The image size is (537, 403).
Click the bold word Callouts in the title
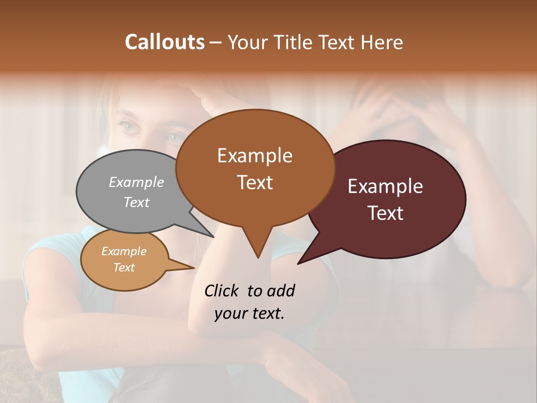[164, 43]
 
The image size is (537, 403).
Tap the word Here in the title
[383, 43]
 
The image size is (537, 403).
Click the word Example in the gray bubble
[136, 182]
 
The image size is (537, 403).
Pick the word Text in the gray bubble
[136, 202]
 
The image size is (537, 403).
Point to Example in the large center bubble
[255, 156]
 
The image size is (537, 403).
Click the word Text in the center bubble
[255, 182]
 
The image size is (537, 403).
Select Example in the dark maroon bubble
[385, 186]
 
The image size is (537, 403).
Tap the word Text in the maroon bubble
[385, 213]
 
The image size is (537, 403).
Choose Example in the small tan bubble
[124, 251]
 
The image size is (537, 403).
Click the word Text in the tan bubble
[124, 268]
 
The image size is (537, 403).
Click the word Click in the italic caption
[222, 290]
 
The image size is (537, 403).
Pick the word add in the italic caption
[280, 290]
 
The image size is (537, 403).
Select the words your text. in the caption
[249, 313]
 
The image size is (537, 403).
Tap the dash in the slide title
[216, 43]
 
